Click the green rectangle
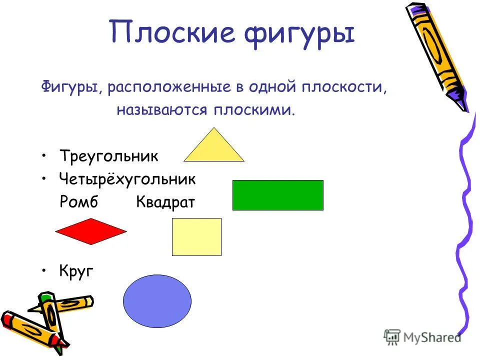278,195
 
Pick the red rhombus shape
91,231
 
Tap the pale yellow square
196,237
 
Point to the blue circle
157,301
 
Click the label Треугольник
109,156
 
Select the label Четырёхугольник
127,179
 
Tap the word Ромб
78,201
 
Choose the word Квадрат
165,202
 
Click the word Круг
76,271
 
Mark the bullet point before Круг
44,270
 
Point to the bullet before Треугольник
44,155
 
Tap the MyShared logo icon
392,337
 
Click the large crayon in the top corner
437,57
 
